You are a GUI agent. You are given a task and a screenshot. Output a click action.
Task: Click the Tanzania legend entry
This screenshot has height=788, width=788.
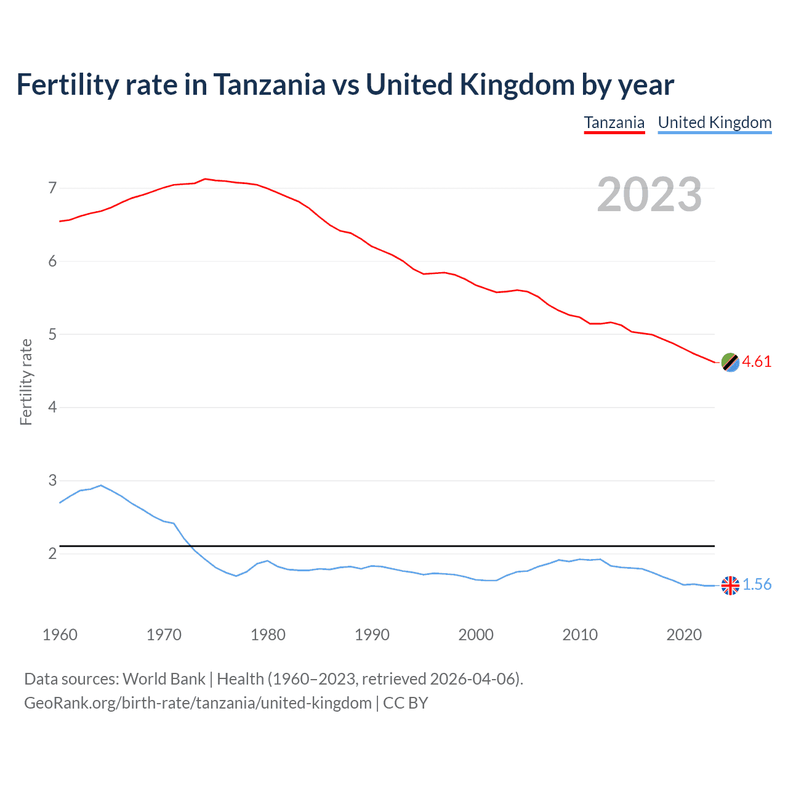614,123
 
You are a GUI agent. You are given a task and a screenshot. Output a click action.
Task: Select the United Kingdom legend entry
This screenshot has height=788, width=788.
714,123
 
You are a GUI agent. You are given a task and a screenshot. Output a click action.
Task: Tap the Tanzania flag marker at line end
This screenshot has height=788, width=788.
730,362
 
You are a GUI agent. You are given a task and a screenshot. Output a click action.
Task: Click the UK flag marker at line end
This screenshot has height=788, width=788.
730,585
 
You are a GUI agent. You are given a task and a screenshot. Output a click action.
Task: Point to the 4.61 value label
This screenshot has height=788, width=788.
757,361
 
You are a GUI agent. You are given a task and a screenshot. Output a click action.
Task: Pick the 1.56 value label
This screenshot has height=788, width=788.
757,584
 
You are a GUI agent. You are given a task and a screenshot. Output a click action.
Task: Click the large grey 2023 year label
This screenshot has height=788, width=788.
649,195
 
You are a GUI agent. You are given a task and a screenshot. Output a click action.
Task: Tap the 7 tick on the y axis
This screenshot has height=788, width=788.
52,188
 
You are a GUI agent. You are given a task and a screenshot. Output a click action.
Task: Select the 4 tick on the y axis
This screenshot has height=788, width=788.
52,407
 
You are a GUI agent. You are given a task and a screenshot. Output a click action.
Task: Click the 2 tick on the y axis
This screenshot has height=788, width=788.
52,553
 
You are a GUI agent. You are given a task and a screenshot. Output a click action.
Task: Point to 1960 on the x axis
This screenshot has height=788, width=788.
60,635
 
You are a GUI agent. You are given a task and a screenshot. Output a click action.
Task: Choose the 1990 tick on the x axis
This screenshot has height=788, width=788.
372,635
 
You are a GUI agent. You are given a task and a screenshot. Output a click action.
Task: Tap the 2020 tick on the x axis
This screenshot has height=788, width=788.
684,635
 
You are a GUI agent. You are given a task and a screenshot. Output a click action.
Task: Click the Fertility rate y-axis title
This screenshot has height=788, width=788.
26,382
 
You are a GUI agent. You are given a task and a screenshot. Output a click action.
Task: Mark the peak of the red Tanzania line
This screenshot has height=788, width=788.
205,179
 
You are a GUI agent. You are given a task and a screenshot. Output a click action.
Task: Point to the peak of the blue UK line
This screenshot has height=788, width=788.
101,485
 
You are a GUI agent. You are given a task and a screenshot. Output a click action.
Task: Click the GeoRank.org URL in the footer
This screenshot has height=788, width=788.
198,703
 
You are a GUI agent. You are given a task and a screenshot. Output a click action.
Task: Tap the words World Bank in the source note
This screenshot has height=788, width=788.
164,679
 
